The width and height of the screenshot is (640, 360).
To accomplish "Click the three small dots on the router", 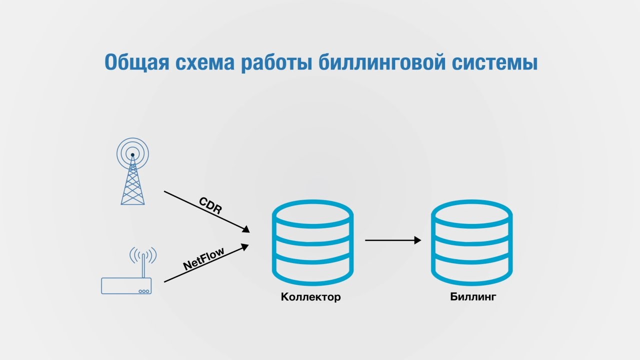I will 144,291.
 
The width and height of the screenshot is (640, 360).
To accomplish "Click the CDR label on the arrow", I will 210,205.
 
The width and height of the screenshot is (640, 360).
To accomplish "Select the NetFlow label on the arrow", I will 203,258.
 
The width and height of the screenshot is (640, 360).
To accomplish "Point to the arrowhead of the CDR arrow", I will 245,229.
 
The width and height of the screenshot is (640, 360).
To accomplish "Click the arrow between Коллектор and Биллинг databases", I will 392,240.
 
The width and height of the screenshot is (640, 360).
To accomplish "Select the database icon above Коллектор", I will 312,242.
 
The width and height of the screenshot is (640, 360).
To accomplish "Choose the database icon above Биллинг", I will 472,242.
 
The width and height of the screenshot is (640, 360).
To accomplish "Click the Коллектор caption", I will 310,297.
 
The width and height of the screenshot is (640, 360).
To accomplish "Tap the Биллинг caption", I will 473,297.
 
